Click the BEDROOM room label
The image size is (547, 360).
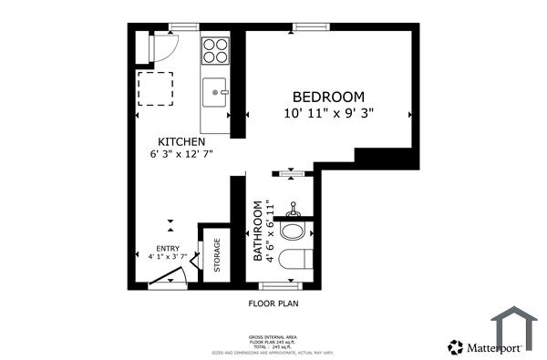click(328, 97)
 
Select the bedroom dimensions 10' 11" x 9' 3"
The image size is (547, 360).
click(328, 113)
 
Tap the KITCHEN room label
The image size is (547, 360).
click(181, 141)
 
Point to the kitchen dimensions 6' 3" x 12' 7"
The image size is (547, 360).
click(181, 155)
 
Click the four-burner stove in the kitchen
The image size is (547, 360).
click(215, 50)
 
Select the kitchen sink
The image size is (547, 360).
click(215, 91)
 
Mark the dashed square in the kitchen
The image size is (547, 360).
click(154, 89)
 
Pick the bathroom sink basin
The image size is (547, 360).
click(294, 228)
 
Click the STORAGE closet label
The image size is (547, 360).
click(217, 255)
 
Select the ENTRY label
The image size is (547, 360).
click(168, 248)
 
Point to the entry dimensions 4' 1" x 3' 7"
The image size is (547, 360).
click(168, 257)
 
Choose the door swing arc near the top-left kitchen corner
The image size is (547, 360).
click(165, 46)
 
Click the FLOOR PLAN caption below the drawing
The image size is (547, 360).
click(273, 303)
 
